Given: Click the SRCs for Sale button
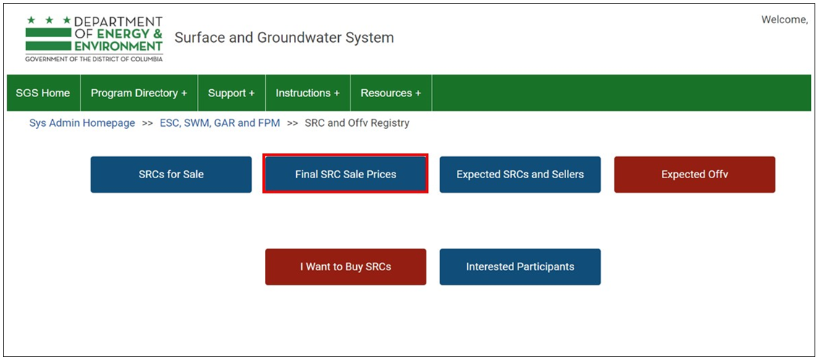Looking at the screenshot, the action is coord(171,175).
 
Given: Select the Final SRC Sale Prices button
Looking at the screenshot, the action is coord(345,175).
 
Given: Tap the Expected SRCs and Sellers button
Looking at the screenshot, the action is coord(520,175).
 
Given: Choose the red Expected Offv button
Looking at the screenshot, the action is coord(695,175).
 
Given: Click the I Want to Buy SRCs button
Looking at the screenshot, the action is coord(345,267).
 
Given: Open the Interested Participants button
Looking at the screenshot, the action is coord(520,267).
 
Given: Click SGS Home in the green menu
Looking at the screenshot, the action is coord(43,93).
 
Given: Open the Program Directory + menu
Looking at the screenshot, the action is coord(139,93).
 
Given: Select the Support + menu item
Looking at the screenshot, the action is coord(232,93).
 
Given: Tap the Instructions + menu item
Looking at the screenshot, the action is coord(308,93).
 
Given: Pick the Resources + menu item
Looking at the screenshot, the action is coord(391,93).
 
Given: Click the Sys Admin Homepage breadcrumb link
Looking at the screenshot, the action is coord(83,123).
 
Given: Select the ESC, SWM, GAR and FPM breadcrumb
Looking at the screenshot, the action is coord(219,123).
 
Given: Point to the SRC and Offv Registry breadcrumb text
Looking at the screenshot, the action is coord(357,123).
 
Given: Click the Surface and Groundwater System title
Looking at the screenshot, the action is coord(284,38).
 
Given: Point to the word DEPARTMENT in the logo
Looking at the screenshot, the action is coord(119,22).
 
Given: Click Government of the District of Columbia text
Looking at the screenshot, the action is coord(93,59).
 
